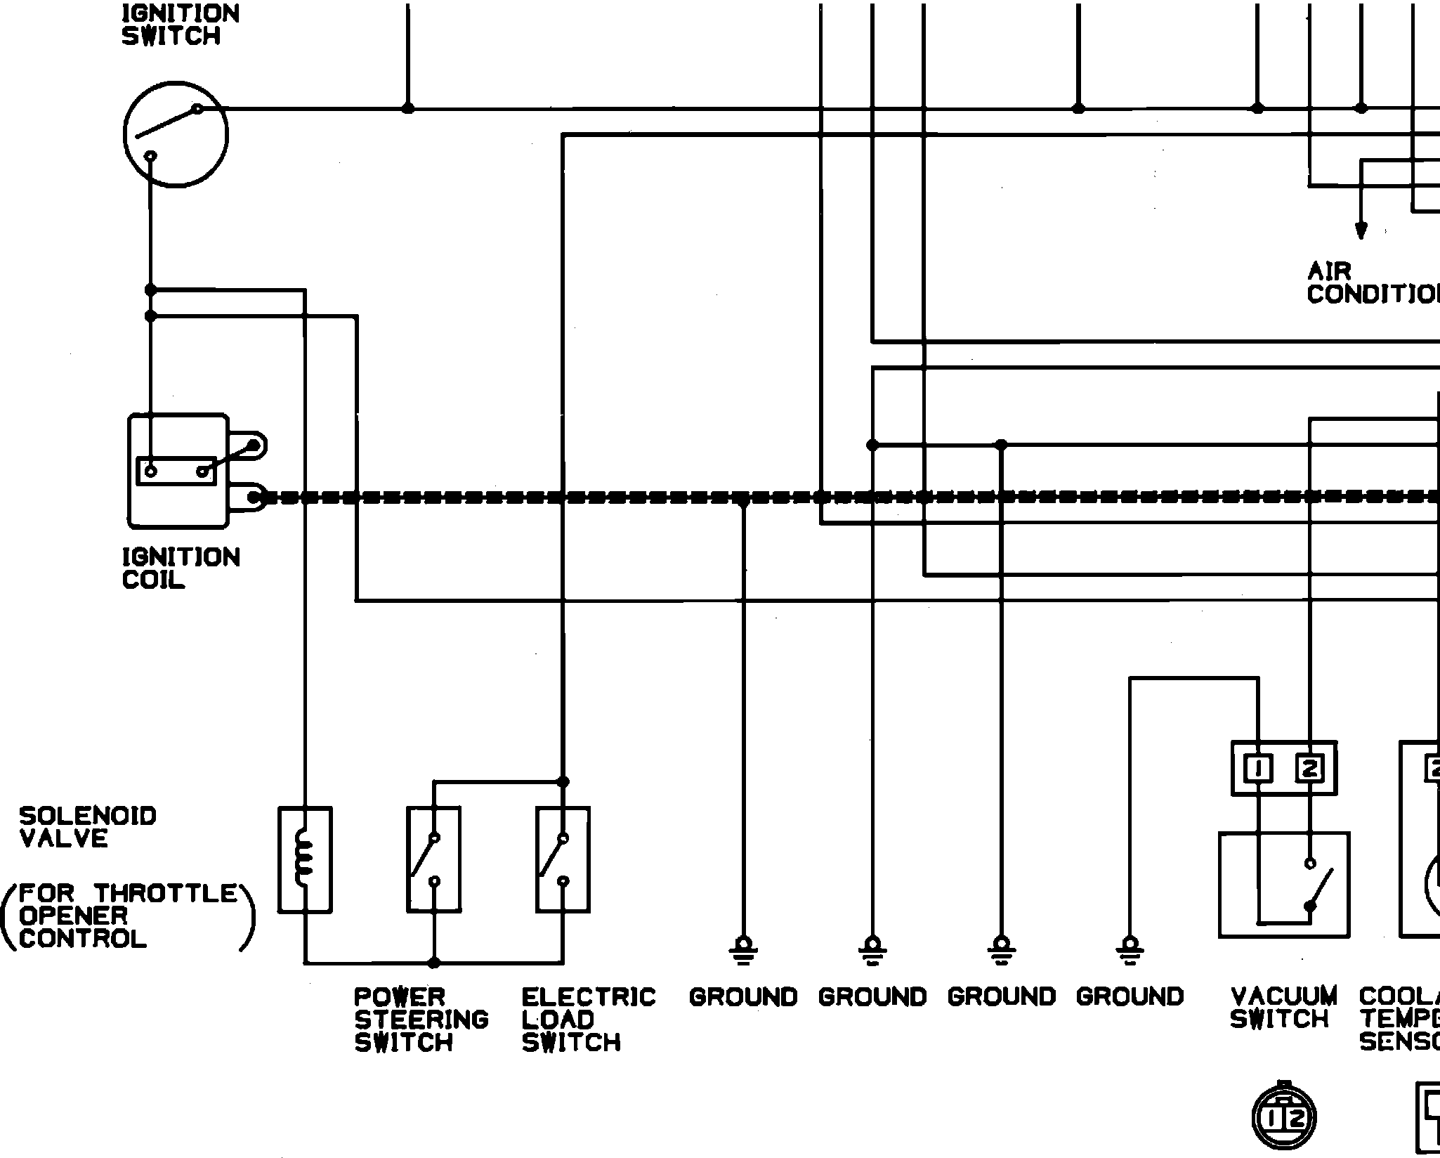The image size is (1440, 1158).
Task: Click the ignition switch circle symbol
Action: pos(176,134)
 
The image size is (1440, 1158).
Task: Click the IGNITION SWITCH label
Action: pos(181,25)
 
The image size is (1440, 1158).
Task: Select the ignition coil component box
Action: pos(178,471)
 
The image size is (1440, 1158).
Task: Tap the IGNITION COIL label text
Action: pos(181,568)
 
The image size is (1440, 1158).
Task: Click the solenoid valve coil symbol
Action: pos(305,859)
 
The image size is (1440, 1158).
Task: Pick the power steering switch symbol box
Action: pos(434,859)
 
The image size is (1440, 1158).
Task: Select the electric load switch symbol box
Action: pos(563,859)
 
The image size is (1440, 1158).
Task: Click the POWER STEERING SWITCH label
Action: pos(421,1019)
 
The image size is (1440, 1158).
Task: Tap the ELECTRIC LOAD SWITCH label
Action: pos(588,1019)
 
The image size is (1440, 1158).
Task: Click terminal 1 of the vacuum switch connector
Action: pos(1258,769)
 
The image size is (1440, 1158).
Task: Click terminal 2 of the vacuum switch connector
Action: pos(1309,769)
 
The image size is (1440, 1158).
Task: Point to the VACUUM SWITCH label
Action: pos(1283,1008)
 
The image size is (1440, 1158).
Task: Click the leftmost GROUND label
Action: pos(742,997)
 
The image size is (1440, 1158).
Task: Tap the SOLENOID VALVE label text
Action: pos(87,827)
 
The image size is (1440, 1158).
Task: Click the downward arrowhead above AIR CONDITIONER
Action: pos(1361,230)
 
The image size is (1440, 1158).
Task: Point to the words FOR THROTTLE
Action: pos(128,894)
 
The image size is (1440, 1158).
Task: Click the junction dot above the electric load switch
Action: pos(563,781)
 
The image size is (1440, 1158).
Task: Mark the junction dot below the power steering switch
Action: pos(434,963)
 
